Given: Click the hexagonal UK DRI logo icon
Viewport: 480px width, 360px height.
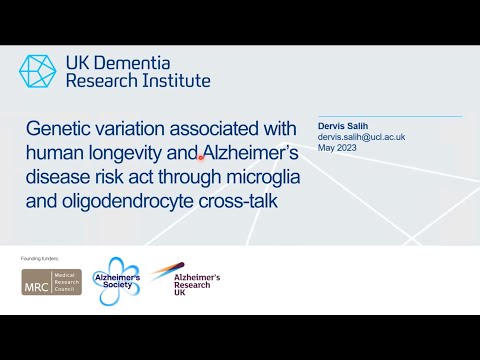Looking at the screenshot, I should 39,71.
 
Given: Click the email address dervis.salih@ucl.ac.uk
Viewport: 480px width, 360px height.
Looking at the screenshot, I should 361,137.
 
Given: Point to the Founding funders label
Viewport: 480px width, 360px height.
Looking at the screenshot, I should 41,258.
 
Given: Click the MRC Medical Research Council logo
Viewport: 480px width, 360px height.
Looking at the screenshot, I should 51,282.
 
